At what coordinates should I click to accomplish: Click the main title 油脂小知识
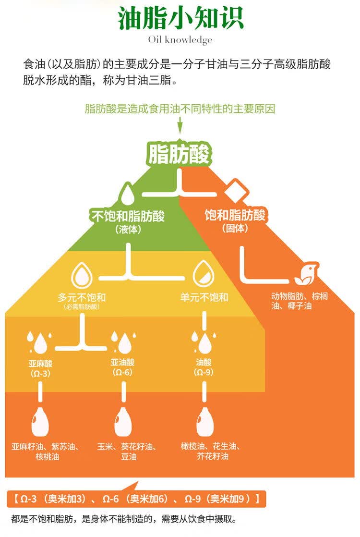[x=180, y=18]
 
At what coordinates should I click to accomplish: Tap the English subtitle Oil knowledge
[x=180, y=40]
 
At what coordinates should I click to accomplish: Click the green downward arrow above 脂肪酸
[x=180, y=125]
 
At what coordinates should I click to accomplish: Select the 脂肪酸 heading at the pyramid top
[x=180, y=154]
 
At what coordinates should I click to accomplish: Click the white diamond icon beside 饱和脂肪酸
[x=236, y=190]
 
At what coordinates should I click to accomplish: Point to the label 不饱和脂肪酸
[x=128, y=216]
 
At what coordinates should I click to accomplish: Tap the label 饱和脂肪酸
[x=235, y=215]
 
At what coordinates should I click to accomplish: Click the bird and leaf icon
[x=307, y=273]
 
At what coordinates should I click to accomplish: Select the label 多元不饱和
[x=82, y=297]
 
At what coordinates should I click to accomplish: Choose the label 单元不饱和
[x=204, y=297]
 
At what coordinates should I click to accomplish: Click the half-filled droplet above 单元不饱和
[x=204, y=273]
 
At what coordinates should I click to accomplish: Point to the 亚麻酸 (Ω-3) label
[x=40, y=368]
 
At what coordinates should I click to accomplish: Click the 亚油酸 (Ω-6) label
[x=122, y=367]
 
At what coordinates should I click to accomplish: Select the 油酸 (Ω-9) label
[x=204, y=367]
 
